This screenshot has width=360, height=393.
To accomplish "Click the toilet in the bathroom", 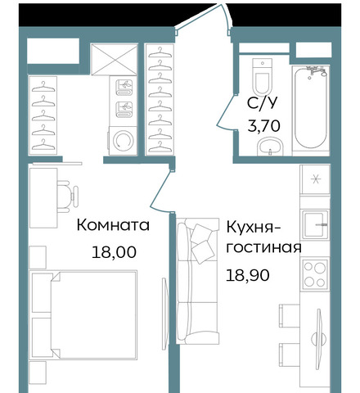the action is click(x=263, y=76).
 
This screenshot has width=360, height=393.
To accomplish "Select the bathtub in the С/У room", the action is click(x=311, y=108).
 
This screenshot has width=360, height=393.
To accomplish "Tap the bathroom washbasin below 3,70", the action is click(x=271, y=147).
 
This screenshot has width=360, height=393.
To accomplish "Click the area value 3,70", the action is click(x=263, y=126).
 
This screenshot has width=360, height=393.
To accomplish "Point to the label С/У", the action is click(x=262, y=103).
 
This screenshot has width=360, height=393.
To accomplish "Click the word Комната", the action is click(x=113, y=225).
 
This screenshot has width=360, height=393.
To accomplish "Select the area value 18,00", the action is click(x=114, y=252).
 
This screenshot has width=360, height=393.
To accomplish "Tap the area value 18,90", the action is click(x=248, y=275).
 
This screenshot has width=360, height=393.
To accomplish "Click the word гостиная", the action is click(x=263, y=248).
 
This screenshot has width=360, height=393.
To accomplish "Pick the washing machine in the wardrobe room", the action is click(x=123, y=141).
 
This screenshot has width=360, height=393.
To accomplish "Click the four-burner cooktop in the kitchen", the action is click(x=315, y=274).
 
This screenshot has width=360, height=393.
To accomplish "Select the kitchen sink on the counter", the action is click(x=315, y=224).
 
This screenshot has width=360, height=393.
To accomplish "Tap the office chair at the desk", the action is click(x=68, y=196).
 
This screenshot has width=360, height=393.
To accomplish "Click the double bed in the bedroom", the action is click(x=83, y=314).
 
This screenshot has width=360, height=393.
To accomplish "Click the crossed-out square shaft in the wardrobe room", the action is click(x=114, y=60).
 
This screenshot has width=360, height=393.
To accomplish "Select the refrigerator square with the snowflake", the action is click(x=315, y=179).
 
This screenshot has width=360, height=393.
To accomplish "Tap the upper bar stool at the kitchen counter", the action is click(x=290, y=315).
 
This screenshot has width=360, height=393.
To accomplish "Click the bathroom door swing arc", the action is click(x=225, y=111).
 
